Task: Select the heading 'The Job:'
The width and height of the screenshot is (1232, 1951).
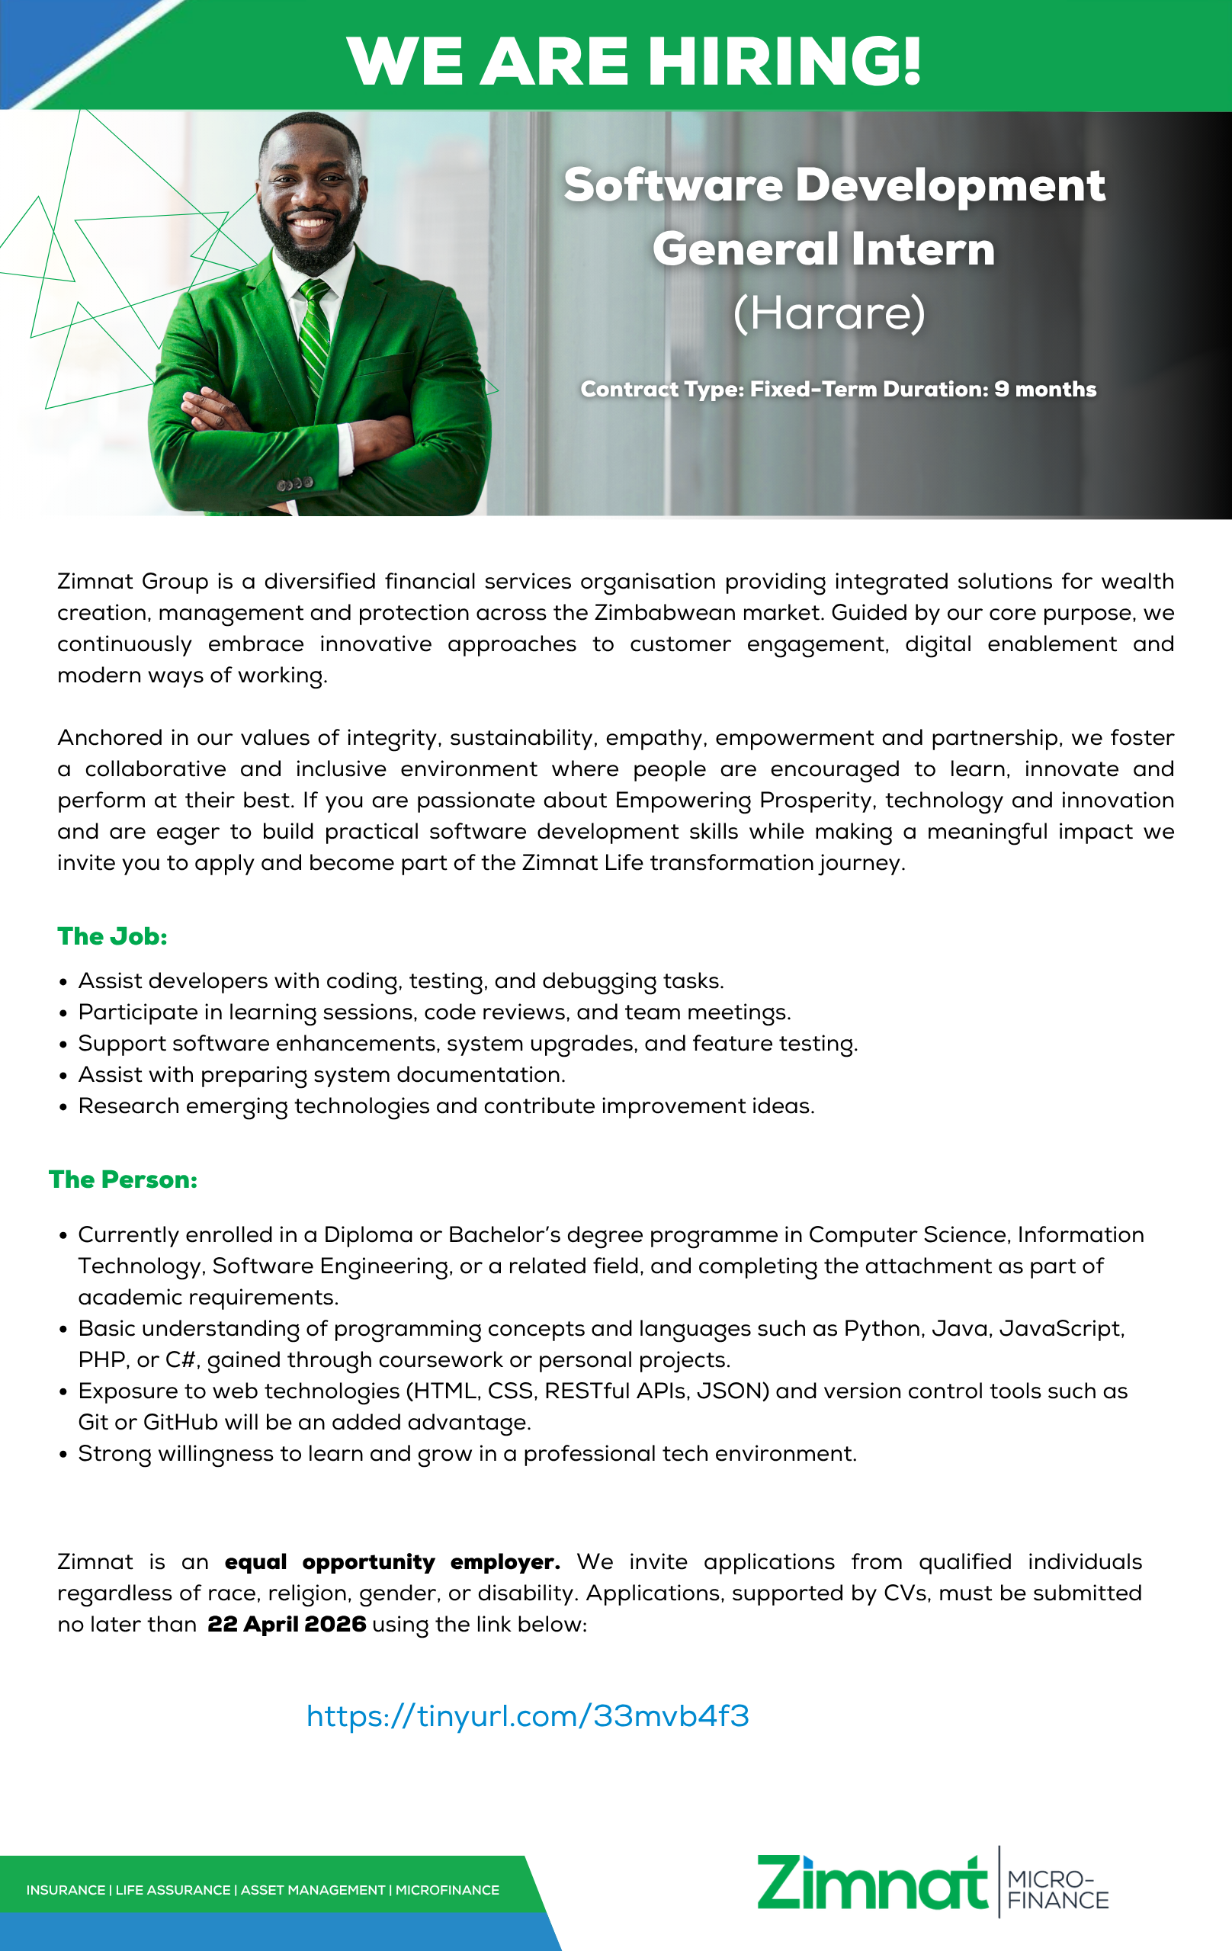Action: tap(113, 936)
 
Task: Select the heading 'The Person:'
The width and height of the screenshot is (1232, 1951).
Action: tap(123, 1179)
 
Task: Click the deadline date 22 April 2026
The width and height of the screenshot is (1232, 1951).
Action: tap(287, 1625)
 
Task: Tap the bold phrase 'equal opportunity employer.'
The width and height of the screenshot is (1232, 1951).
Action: tap(392, 1562)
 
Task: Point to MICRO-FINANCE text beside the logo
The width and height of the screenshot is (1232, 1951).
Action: tap(1057, 1890)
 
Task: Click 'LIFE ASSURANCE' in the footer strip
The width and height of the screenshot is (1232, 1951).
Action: tap(172, 1890)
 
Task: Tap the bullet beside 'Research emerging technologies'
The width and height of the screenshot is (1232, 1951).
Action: tap(63, 1108)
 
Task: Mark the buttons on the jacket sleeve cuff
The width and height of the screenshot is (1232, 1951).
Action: tap(295, 483)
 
